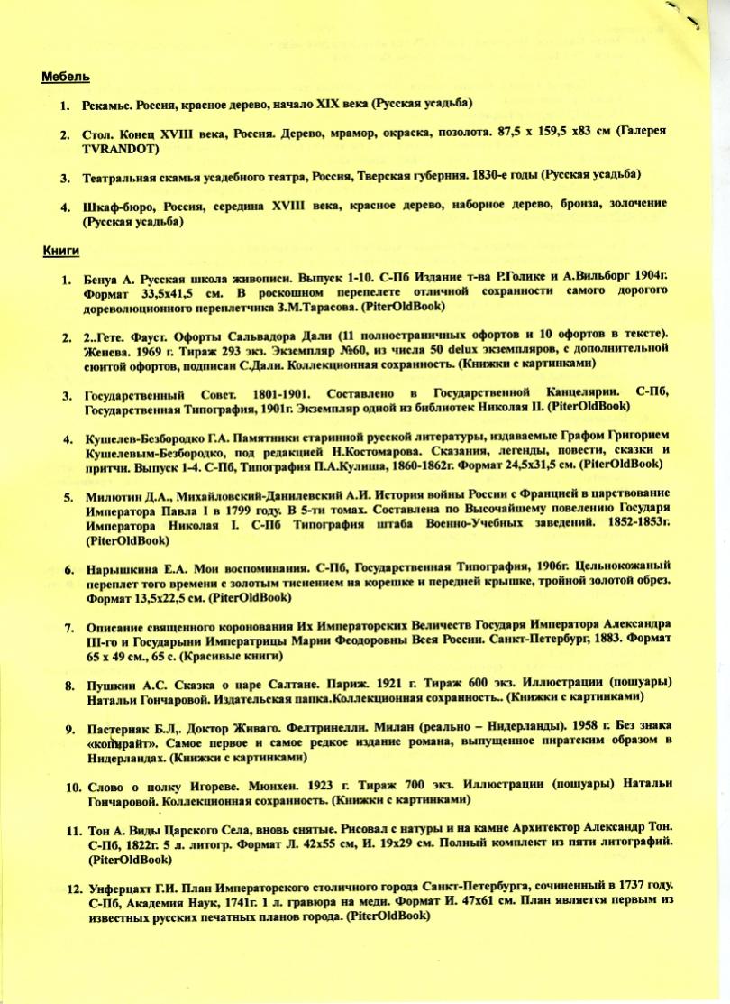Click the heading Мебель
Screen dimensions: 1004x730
65,78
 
